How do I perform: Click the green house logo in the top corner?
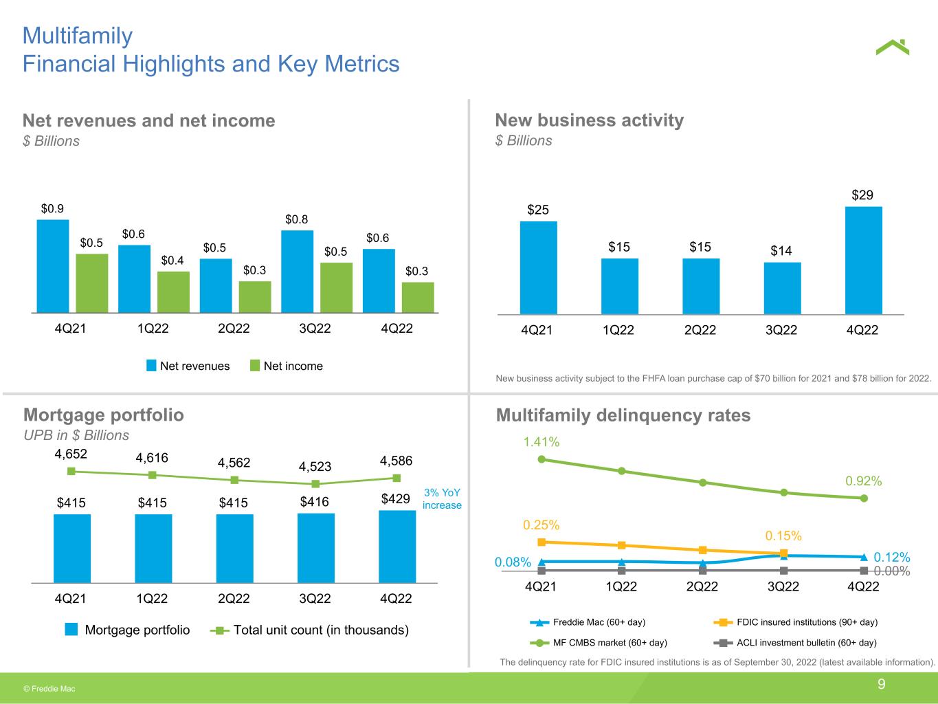tap(893, 47)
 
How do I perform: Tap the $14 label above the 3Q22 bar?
tap(781, 251)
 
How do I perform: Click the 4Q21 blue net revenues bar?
tap(53, 266)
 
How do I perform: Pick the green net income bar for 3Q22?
tap(336, 287)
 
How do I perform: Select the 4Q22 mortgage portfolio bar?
tap(397, 547)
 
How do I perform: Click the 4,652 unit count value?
tap(71, 454)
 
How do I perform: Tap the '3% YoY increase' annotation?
tap(442, 499)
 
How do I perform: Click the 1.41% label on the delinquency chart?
tap(541, 442)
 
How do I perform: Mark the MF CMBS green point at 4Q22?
tap(864, 498)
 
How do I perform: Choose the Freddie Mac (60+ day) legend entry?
tap(591, 622)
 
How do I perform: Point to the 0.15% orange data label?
tap(783, 536)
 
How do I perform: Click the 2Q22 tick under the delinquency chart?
tap(702, 586)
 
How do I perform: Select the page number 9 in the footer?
tap(882, 684)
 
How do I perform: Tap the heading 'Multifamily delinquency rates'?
tap(623, 415)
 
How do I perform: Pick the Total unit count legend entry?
tap(312, 630)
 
